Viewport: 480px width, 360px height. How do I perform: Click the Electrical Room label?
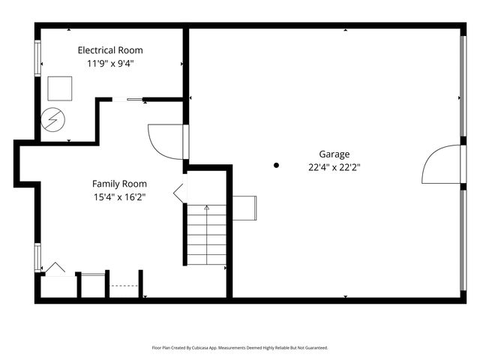click(x=110, y=50)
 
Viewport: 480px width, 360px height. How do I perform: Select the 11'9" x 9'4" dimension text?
click(x=110, y=64)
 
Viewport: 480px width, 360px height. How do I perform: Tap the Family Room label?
click(x=119, y=184)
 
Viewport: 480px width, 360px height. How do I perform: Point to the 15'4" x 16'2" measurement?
click(x=119, y=197)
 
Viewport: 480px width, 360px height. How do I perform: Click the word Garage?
click(x=334, y=154)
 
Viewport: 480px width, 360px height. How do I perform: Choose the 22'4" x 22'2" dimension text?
click(x=334, y=167)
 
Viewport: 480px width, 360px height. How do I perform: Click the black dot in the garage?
click(x=276, y=165)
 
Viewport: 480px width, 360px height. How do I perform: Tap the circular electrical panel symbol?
click(x=53, y=119)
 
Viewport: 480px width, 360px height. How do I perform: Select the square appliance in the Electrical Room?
click(x=60, y=88)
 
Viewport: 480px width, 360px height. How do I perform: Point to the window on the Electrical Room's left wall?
click(x=37, y=58)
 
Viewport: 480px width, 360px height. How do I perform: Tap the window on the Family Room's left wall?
click(x=37, y=257)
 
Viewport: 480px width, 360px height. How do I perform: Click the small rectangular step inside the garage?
click(x=244, y=208)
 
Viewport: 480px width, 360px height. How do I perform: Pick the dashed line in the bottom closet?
click(x=124, y=286)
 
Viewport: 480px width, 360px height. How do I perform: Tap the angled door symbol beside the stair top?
click(x=180, y=193)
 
